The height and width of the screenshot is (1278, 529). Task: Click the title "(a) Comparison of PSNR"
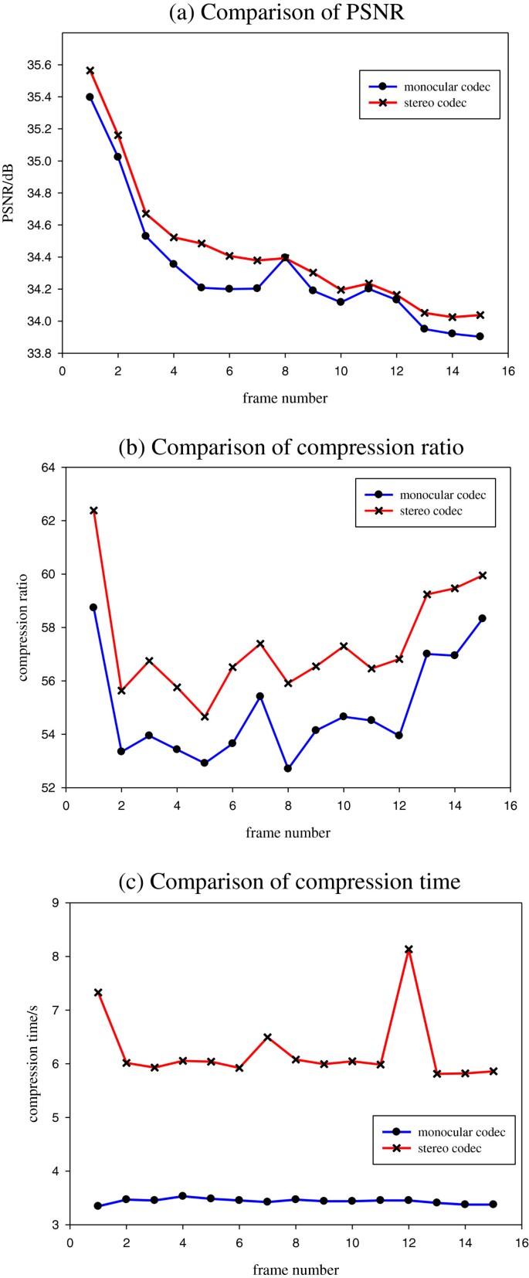tap(285, 12)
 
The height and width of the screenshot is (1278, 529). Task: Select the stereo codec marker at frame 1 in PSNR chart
tap(90, 70)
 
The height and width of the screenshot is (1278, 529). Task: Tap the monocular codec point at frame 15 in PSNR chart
tap(480, 336)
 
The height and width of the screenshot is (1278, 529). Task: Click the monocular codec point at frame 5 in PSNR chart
tap(202, 287)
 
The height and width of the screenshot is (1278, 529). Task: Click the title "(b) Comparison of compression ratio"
tap(290, 447)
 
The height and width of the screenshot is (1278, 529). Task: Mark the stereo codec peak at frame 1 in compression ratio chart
tap(93, 511)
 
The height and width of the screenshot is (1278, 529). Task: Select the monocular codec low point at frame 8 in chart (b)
tap(288, 768)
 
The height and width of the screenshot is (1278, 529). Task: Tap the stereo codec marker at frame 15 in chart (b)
tap(483, 576)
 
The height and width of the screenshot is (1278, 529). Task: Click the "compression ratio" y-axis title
tap(23, 627)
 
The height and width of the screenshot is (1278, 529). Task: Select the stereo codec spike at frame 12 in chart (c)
tap(409, 950)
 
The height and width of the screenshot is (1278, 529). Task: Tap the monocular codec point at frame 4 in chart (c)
tap(182, 1196)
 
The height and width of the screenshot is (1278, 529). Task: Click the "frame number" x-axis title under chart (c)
tap(296, 1270)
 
